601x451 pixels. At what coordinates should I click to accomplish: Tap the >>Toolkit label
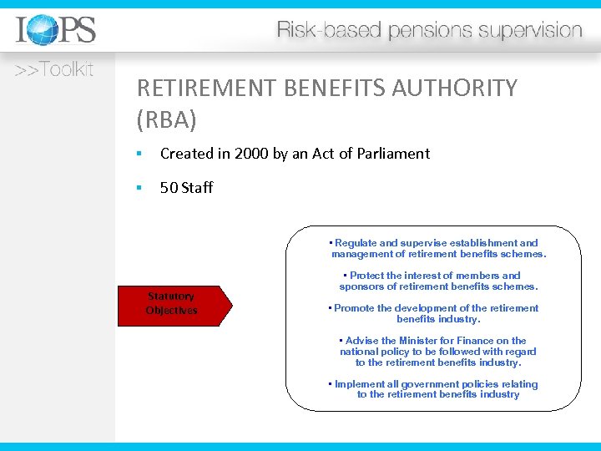pyautogui.click(x=54, y=70)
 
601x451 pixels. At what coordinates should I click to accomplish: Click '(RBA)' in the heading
pyautogui.click(x=166, y=120)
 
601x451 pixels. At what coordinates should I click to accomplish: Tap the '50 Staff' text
pyautogui.click(x=186, y=188)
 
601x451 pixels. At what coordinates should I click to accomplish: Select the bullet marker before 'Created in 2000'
pyautogui.click(x=141, y=155)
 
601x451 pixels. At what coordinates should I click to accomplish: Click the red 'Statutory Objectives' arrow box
pyautogui.click(x=174, y=303)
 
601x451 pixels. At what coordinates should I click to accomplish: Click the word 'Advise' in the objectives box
pyautogui.click(x=361, y=341)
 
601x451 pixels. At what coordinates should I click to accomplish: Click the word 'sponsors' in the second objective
pyautogui.click(x=361, y=286)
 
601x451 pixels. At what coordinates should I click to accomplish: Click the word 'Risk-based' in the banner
pyautogui.click(x=313, y=31)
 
